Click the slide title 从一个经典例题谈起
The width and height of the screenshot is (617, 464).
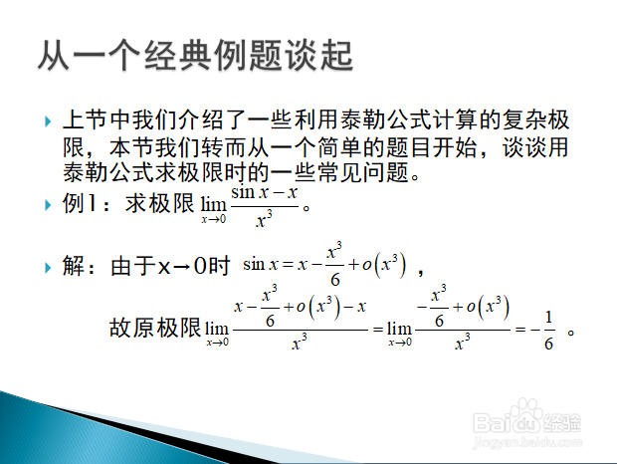coord(195,55)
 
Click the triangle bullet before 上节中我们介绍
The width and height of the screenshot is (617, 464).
coord(48,121)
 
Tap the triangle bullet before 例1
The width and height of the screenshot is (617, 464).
coord(48,205)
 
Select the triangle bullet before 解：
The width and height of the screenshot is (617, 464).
coord(48,268)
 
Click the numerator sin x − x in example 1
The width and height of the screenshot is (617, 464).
coord(264,193)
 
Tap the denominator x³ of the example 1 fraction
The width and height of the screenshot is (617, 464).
coord(264,219)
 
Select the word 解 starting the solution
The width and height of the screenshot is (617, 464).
coord(74,266)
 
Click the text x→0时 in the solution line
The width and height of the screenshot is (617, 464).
coord(194,266)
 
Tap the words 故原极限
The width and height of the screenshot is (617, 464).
coord(155,328)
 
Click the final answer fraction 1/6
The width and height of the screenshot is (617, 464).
coord(549,331)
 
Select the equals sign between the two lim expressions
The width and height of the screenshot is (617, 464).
coord(378,329)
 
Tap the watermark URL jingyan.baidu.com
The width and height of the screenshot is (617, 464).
coord(526,442)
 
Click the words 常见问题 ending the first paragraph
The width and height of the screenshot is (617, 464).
coord(363,172)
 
